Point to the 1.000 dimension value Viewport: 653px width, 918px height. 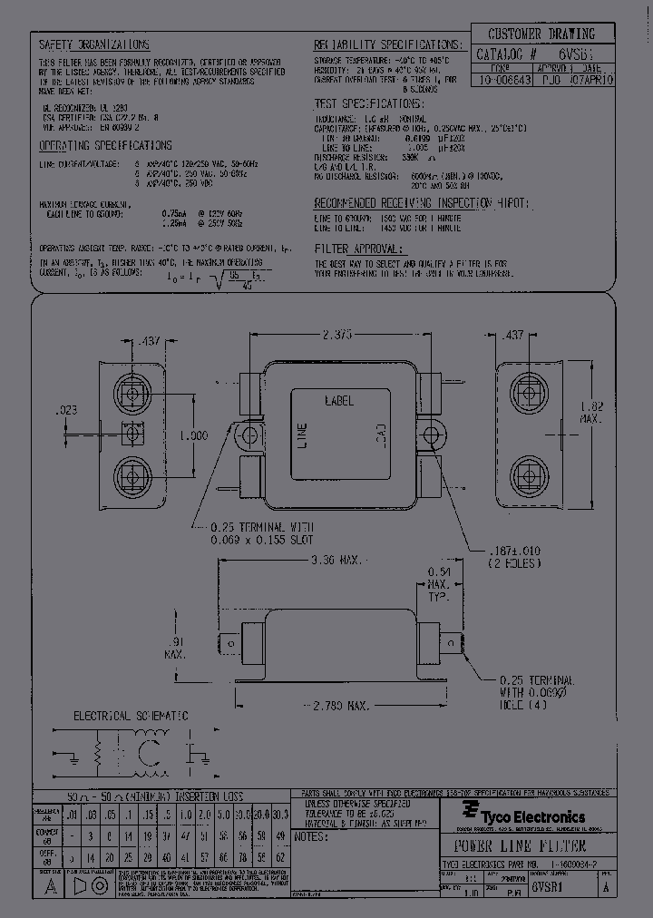[x=193, y=435]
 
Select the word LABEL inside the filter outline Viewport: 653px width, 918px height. [x=338, y=400]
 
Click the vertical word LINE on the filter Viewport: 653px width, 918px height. [x=303, y=436]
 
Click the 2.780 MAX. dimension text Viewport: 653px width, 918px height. [x=336, y=705]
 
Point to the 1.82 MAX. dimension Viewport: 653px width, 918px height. [x=590, y=412]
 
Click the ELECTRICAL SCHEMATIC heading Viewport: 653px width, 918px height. [x=131, y=716]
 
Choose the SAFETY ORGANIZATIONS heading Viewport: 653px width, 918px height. [x=95, y=44]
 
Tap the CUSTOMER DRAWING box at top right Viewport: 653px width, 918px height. [x=543, y=34]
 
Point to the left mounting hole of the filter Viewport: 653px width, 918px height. [x=246, y=435]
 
